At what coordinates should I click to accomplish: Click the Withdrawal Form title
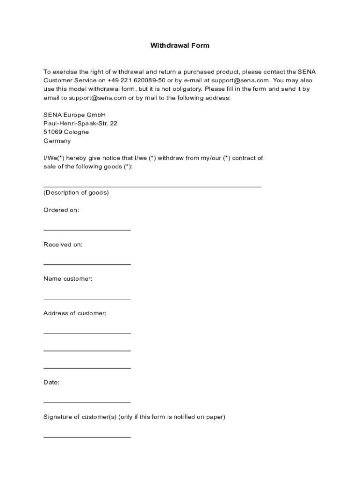click(180, 45)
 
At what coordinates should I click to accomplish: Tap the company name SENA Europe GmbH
click(74, 115)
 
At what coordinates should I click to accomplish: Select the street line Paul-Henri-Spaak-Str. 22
click(80, 123)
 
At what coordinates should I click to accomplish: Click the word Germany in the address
click(57, 141)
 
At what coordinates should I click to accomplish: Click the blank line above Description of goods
click(152, 187)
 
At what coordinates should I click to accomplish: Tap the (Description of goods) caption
click(76, 193)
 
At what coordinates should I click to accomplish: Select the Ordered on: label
click(61, 210)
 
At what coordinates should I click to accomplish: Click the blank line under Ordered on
click(87, 230)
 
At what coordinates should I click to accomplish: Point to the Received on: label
click(63, 245)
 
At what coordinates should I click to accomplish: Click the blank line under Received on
click(87, 264)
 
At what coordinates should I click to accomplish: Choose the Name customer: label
click(68, 279)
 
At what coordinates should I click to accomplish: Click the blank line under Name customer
click(87, 298)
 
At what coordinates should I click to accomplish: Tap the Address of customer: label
click(75, 313)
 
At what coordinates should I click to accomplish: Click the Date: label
click(51, 382)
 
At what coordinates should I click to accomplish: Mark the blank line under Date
click(87, 402)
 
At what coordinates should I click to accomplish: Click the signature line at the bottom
click(87, 437)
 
